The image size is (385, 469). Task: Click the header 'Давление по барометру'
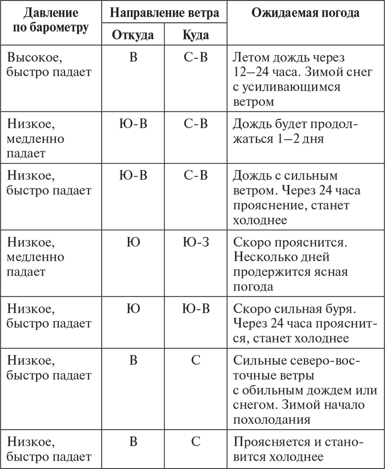(50, 20)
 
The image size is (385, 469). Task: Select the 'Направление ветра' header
(164, 13)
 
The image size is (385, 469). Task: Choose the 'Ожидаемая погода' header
(305, 13)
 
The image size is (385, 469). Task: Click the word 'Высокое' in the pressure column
(35, 58)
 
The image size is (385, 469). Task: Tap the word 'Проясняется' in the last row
(271, 442)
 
